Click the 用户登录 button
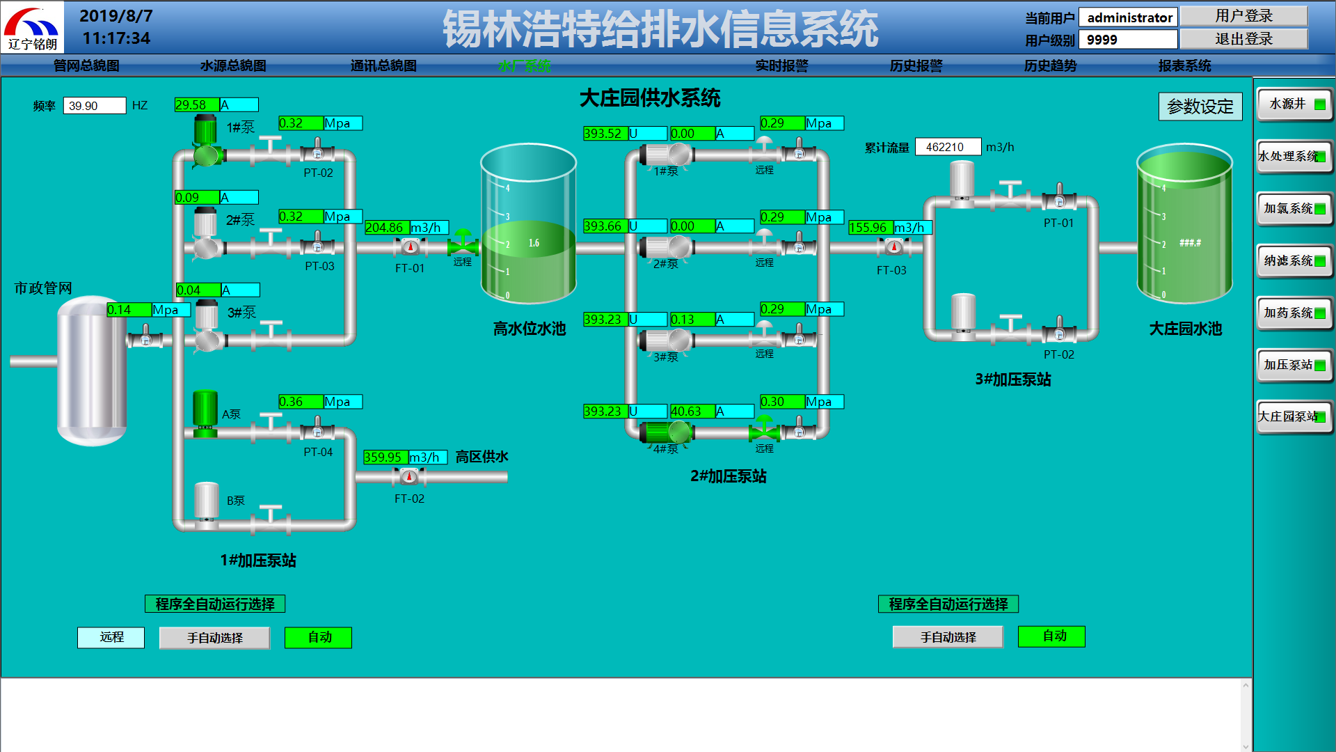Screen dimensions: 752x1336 tap(1243, 16)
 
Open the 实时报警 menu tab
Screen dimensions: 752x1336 tap(781, 65)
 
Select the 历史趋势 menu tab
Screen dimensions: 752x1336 tap(1050, 65)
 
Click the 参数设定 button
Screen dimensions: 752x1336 tap(1200, 107)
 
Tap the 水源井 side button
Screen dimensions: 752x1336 tap(1294, 104)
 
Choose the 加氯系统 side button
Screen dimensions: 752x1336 tap(1294, 209)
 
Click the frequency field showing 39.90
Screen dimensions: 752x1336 tap(95, 106)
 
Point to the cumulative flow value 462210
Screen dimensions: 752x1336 tap(947, 147)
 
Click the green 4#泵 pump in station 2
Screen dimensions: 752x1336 tap(665, 432)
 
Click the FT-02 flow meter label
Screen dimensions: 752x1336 tap(409, 499)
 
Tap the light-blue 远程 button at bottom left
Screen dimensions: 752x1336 tap(111, 637)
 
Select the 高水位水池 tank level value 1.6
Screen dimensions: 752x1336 tap(534, 243)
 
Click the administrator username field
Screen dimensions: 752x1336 tap(1128, 17)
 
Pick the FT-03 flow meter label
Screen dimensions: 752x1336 tap(891, 270)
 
